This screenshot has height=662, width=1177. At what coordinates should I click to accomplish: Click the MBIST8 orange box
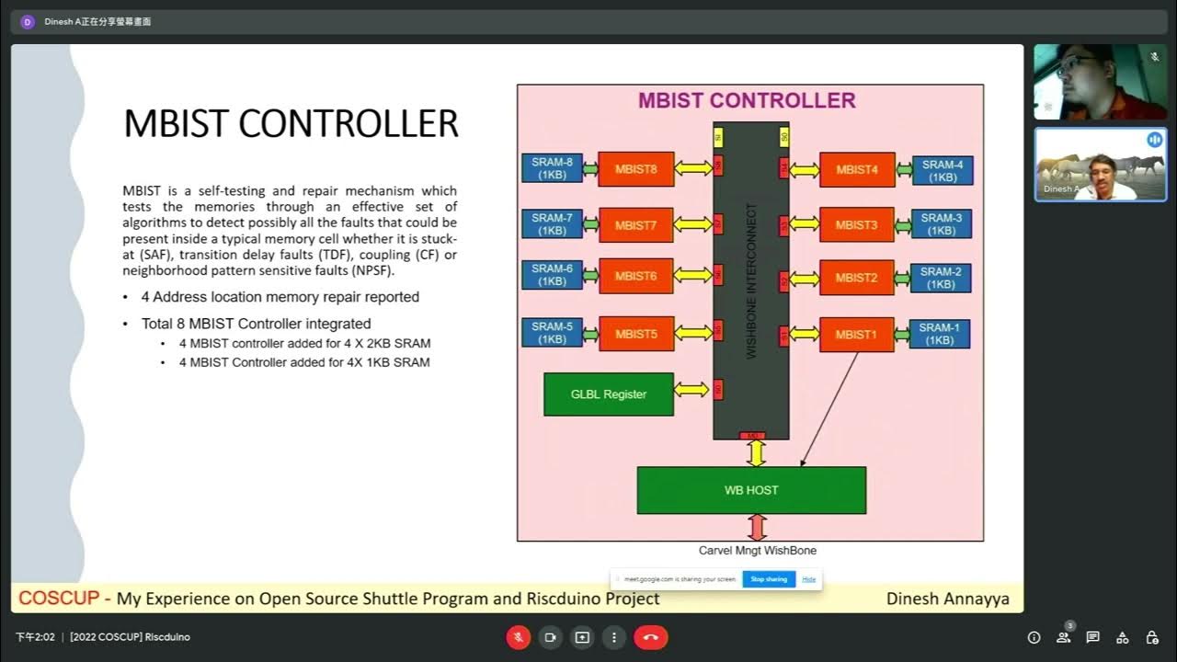click(x=635, y=169)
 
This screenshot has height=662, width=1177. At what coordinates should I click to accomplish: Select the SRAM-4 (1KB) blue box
click(x=943, y=171)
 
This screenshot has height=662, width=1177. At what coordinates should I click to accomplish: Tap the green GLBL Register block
click(x=609, y=394)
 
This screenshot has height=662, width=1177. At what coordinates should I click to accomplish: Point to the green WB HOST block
click(x=751, y=490)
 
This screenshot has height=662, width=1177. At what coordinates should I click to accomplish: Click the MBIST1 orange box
click(x=856, y=335)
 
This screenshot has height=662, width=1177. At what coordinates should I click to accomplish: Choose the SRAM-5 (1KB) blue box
click(x=552, y=333)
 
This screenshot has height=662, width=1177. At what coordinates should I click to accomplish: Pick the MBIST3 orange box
click(x=856, y=224)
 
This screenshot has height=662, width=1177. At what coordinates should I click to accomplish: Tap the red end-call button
click(x=651, y=637)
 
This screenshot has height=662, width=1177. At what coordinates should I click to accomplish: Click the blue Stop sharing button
click(x=769, y=579)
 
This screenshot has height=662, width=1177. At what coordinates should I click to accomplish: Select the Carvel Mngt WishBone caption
click(x=758, y=551)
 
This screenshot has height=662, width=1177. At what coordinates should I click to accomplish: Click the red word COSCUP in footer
click(x=59, y=599)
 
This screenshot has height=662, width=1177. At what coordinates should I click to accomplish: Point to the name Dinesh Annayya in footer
click(x=947, y=599)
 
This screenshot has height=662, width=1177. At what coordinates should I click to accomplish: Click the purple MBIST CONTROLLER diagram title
click(x=747, y=100)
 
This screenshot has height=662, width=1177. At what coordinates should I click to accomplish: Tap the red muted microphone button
click(x=519, y=637)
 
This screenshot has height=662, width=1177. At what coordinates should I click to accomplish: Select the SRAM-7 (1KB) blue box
click(x=552, y=224)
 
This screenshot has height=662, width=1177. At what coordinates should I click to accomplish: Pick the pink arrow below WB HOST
click(x=757, y=527)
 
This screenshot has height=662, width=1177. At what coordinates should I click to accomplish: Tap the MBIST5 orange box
click(x=635, y=335)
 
